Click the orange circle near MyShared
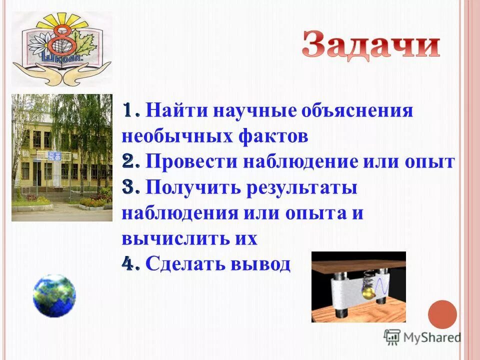click(x=442, y=314)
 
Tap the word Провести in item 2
click(x=192, y=162)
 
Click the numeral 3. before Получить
click(x=131, y=188)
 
